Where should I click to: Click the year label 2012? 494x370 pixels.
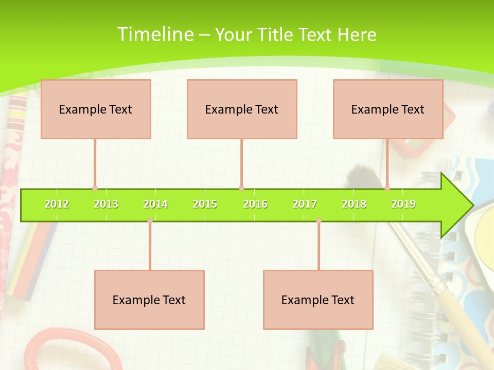pyautogui.click(x=57, y=204)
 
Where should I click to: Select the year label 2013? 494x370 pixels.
pyautogui.click(x=106, y=204)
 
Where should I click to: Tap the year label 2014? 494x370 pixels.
pyautogui.click(x=155, y=204)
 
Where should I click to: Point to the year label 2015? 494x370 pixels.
pyautogui.click(x=205, y=204)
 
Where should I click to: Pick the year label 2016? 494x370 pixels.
pyautogui.click(x=255, y=204)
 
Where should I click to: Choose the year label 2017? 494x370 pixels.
pyautogui.click(x=305, y=204)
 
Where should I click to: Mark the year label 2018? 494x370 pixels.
pyautogui.click(x=354, y=204)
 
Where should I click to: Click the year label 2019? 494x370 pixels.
pyautogui.click(x=403, y=204)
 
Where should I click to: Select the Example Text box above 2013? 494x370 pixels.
pyautogui.click(x=96, y=109)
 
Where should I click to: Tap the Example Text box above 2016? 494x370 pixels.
pyautogui.click(x=242, y=109)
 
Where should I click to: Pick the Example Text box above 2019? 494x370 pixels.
pyautogui.click(x=388, y=109)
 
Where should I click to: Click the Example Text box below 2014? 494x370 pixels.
pyautogui.click(x=149, y=300)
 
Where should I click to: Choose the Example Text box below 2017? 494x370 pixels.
pyautogui.click(x=318, y=300)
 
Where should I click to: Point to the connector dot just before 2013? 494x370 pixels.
pyautogui.click(x=95, y=188)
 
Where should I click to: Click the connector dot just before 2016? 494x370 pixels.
pyautogui.click(x=241, y=188)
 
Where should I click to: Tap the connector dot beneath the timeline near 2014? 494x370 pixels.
pyautogui.click(x=150, y=220)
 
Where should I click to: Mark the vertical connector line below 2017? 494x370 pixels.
pyautogui.click(x=319, y=247)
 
